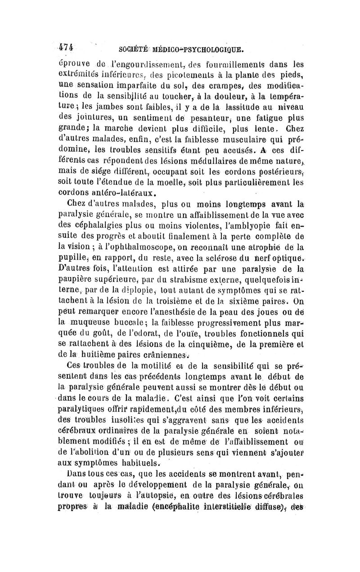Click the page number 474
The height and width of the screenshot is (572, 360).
pos(67,46)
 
